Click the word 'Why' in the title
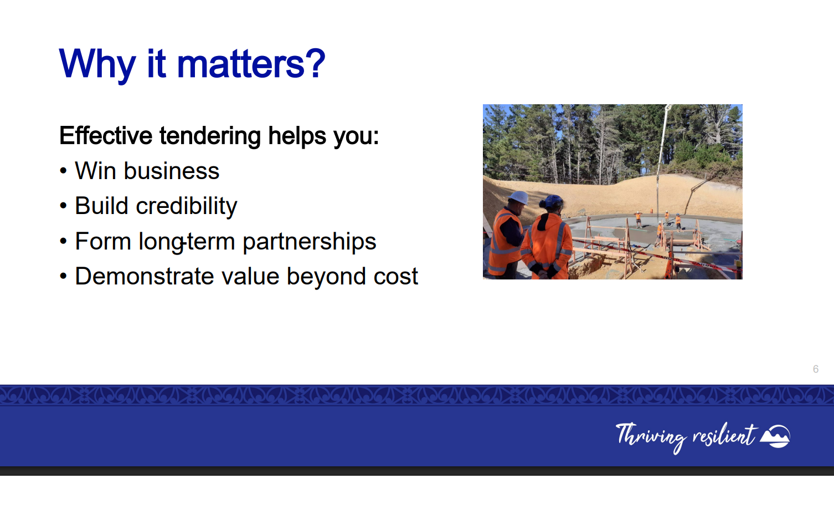click(97, 65)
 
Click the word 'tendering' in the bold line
click(210, 136)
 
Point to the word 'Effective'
click(106, 135)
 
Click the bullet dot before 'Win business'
click(63, 171)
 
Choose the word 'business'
click(172, 171)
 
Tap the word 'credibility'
click(187, 206)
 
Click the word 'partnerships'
click(310, 242)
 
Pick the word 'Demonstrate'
click(145, 276)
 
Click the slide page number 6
click(816, 369)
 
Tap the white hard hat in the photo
click(519, 197)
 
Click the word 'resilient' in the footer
click(724, 435)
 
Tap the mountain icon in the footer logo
click(775, 436)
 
